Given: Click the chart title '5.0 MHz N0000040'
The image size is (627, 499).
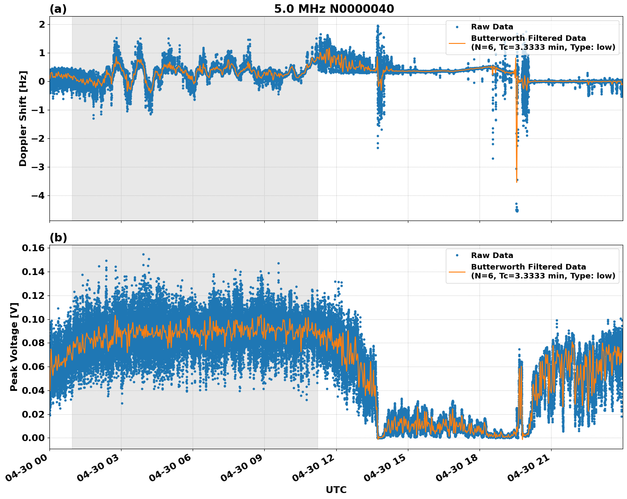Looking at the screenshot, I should (x=334, y=9).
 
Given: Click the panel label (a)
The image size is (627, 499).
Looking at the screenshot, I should (x=58, y=9).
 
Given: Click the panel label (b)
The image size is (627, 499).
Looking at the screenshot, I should (x=58, y=238).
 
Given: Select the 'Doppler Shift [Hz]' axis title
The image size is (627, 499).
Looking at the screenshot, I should (x=23, y=118).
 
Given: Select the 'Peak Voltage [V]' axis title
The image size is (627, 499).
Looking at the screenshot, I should (x=14, y=347).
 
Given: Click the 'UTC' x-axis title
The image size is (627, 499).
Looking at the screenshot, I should (x=336, y=490).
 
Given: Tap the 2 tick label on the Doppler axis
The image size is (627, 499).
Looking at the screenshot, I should (x=42, y=25).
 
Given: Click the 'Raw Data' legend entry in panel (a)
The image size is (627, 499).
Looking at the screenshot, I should (x=492, y=27).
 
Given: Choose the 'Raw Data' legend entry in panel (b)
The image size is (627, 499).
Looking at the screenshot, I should (x=492, y=255).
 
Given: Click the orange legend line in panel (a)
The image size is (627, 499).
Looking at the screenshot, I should (x=457, y=43).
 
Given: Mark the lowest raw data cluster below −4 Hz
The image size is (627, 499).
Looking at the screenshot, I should (x=517, y=209).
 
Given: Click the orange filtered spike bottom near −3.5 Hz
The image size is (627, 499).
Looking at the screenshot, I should (x=517, y=181).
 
